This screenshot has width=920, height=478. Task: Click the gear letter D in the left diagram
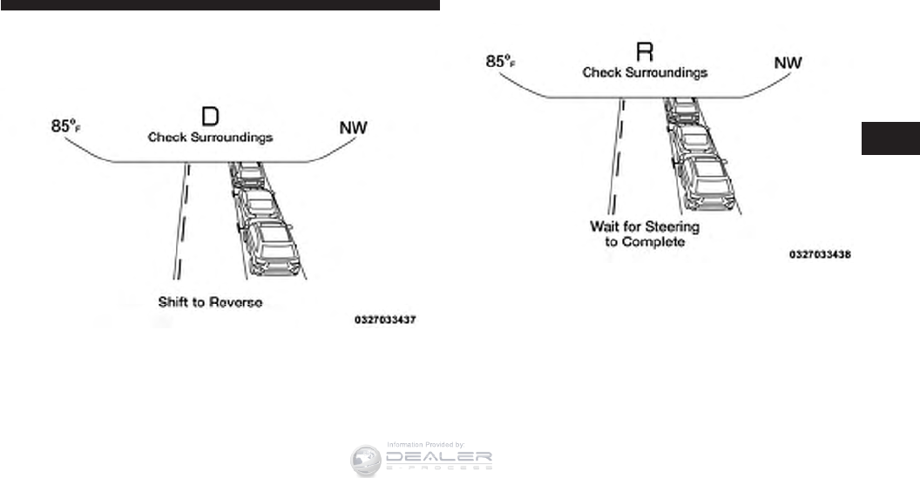[x=210, y=118]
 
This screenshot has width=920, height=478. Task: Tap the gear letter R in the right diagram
[x=645, y=52]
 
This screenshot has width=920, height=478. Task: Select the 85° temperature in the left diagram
[x=65, y=127]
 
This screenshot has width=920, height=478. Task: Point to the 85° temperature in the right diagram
[x=501, y=63]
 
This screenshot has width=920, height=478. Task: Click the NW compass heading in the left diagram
[x=353, y=128]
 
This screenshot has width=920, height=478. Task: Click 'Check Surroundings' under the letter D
[x=210, y=138]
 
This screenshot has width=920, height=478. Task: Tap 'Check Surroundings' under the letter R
[x=645, y=73]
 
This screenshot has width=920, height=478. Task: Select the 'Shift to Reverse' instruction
[x=210, y=302]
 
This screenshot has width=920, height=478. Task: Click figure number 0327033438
[x=819, y=255]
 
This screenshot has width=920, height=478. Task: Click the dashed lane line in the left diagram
[x=180, y=222]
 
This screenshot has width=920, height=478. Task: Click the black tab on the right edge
[x=890, y=138]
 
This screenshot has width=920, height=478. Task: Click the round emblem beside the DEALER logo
[x=366, y=461]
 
